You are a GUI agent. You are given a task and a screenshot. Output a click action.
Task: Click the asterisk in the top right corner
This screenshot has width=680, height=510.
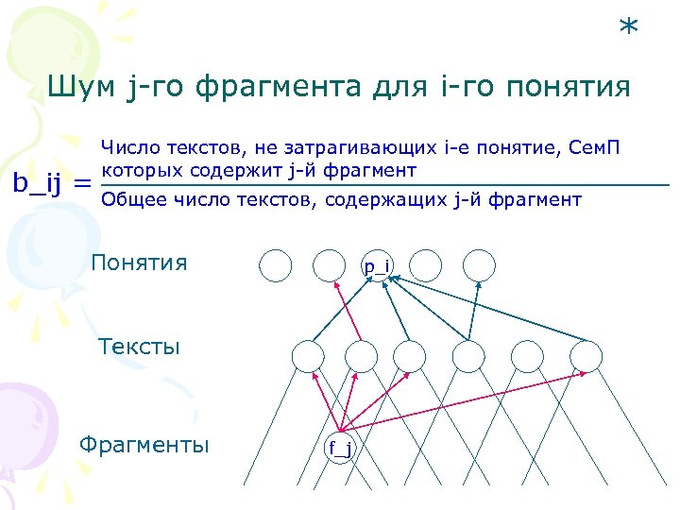[x=628, y=28]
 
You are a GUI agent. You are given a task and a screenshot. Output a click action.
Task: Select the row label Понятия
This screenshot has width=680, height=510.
[x=139, y=262]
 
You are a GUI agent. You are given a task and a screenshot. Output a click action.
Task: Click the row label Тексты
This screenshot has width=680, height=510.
[x=139, y=346]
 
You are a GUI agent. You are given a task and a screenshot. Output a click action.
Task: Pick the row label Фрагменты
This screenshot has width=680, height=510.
[x=144, y=444]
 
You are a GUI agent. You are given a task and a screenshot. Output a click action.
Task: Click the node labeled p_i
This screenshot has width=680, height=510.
[x=378, y=265]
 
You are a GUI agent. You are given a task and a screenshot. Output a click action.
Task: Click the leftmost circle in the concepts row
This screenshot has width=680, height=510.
[x=276, y=265]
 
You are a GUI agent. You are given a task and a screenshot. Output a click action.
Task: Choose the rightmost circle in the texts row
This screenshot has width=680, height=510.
[x=585, y=355]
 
